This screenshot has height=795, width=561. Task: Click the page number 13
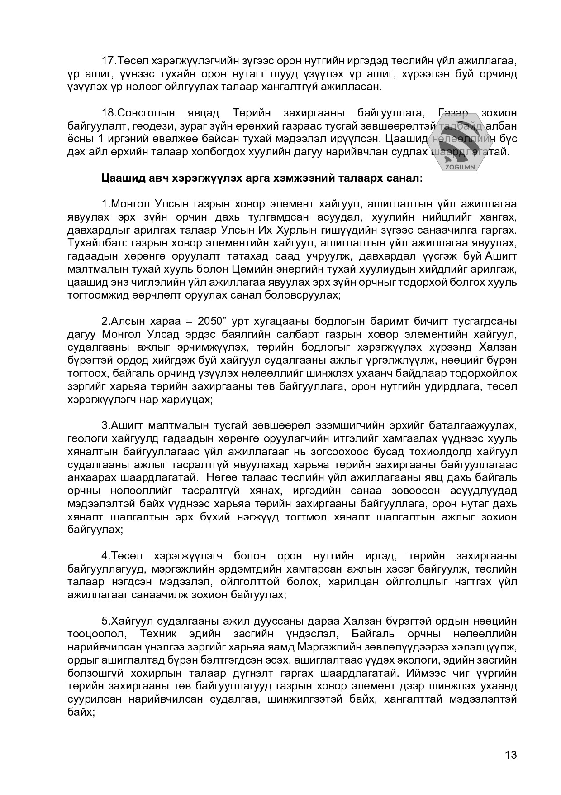(511, 755)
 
